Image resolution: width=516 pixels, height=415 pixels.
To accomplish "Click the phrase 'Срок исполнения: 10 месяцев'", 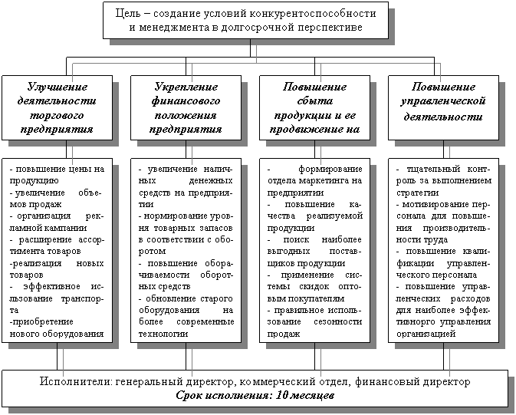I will (255, 395).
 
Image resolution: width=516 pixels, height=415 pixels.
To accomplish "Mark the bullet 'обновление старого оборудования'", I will (185, 315).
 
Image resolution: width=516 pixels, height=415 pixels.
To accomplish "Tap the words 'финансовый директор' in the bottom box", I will (421, 381).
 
